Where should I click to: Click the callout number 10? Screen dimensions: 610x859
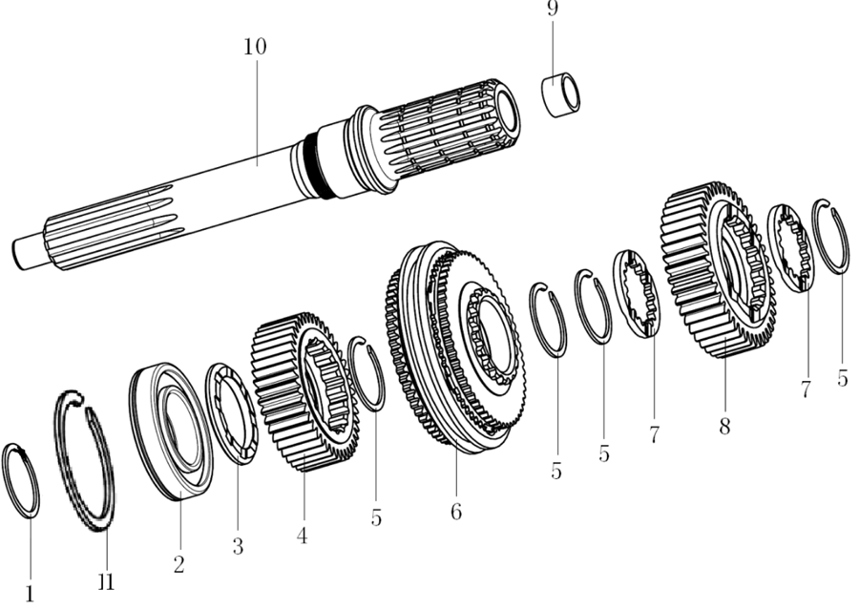(254, 47)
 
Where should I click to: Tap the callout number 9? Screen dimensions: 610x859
(552, 9)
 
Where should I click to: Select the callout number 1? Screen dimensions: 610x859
(30, 593)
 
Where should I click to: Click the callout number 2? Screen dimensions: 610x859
(178, 563)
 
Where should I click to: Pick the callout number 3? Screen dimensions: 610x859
(238, 546)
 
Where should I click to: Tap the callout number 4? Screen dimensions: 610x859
(302, 535)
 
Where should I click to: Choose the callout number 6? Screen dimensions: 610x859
(456, 512)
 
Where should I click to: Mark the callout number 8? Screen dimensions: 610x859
(724, 426)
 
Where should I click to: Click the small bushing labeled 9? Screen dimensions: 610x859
(560, 95)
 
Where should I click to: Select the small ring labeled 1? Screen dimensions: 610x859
(21, 479)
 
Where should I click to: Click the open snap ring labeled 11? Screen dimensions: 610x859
(86, 459)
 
